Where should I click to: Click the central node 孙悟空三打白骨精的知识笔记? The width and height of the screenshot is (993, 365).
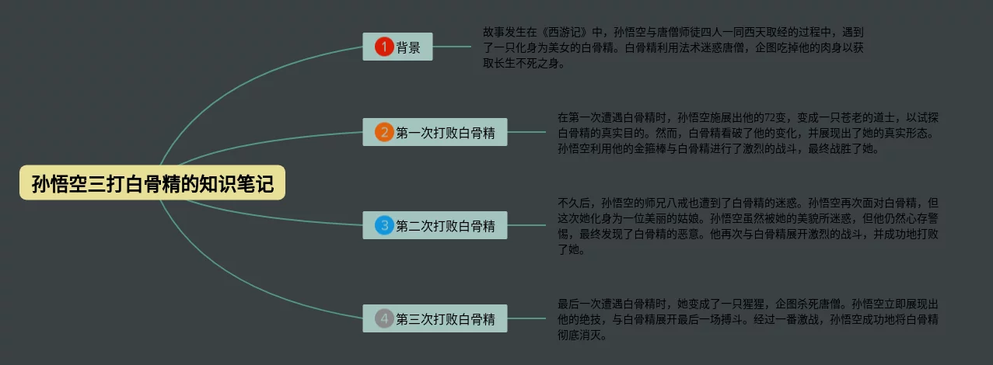tap(152, 184)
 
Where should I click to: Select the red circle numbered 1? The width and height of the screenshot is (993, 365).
tap(384, 47)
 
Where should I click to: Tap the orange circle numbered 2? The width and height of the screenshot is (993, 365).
tap(384, 132)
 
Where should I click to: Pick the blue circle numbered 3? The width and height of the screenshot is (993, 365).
tap(384, 226)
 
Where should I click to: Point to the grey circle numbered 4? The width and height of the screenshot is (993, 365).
tap(384, 318)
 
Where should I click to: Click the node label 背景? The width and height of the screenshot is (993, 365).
tap(408, 47)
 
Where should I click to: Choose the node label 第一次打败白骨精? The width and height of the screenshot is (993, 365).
tap(446, 132)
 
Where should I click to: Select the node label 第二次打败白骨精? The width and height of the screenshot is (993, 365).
tap(446, 226)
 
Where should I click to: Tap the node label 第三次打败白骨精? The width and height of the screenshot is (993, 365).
tap(446, 318)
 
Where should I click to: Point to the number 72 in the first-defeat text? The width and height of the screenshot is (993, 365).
tap(771, 117)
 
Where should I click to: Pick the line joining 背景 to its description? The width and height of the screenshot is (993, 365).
tap(452, 47)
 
